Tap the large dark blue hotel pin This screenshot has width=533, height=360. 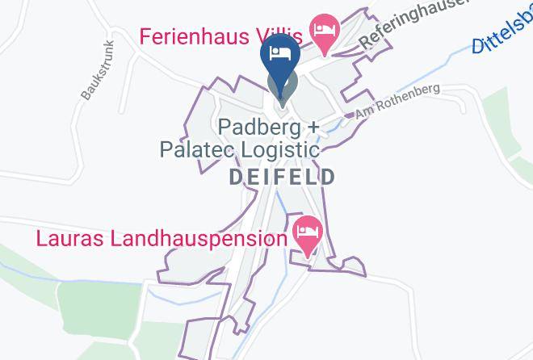281,56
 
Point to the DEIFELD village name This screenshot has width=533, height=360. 282,177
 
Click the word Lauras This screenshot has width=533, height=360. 69,239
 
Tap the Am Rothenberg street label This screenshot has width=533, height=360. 397,101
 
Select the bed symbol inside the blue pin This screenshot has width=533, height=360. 281,52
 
